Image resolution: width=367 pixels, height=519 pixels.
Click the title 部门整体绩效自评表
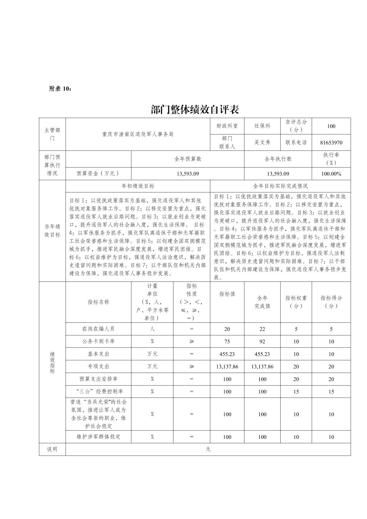pyautogui.click(x=195, y=110)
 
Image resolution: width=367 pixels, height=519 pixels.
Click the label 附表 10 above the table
pyautogui.click(x=61, y=88)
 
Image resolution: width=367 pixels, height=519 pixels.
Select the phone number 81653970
pyautogui.click(x=331, y=143)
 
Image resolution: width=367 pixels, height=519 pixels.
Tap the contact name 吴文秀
pyautogui.click(x=262, y=142)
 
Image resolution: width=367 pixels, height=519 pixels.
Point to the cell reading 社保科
pyautogui.click(x=262, y=126)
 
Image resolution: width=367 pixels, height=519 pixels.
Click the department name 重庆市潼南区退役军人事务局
pyautogui.click(x=138, y=134)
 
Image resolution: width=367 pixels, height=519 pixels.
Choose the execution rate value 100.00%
pyautogui.click(x=331, y=174)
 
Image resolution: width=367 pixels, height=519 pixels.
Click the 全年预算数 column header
pyautogui.click(x=187, y=159)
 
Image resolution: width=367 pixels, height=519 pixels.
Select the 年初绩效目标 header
pyautogui.click(x=138, y=186)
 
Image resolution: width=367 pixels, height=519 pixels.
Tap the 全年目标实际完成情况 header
pyautogui.click(x=280, y=186)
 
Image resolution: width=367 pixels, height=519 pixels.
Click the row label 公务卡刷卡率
pyautogui.click(x=98, y=341)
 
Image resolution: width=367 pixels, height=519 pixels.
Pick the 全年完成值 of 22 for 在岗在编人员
pyautogui.click(x=262, y=329)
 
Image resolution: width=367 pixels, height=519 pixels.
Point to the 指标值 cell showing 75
pyautogui.click(x=227, y=341)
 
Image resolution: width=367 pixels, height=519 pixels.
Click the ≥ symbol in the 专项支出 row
pyautogui.click(x=192, y=366)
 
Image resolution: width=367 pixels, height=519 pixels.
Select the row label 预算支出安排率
pyautogui.click(x=98, y=379)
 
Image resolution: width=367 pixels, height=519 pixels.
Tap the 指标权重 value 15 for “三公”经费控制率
pyautogui.click(x=296, y=391)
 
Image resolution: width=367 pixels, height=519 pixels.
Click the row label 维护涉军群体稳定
pyautogui.click(x=98, y=437)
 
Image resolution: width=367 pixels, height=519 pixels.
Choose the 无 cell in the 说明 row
pyautogui.click(x=208, y=449)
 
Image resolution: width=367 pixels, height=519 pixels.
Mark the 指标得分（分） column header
pyautogui.click(x=331, y=302)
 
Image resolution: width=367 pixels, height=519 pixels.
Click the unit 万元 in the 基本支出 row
pyautogui.click(x=152, y=354)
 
